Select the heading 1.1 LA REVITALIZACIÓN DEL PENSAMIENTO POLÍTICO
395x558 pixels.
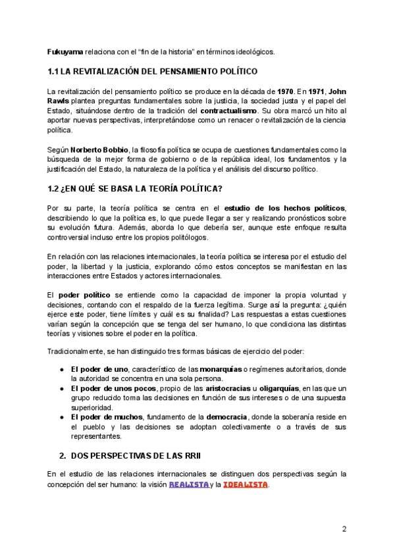click(152, 71)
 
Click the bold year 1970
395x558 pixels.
click(285, 91)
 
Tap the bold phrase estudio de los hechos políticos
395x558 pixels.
click(284, 209)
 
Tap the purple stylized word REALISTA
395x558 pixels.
click(188, 485)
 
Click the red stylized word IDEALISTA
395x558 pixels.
click(245, 485)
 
